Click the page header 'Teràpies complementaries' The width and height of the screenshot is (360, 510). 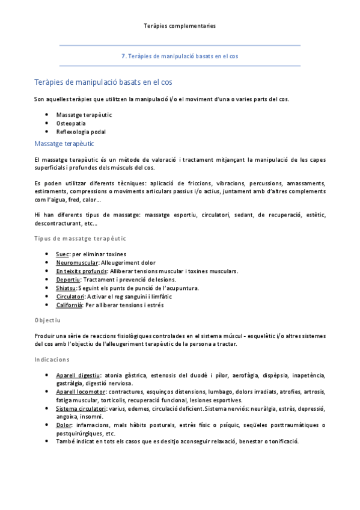pos(180,26)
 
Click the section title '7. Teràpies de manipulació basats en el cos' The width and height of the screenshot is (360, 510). pos(180,56)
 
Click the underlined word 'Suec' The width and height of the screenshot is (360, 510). pos(63,254)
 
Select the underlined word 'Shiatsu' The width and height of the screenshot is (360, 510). pos(66,288)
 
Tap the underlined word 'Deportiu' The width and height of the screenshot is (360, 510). pos(68,280)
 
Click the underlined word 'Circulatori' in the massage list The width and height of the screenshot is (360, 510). pos(70,296)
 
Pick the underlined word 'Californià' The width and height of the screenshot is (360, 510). pos(69,305)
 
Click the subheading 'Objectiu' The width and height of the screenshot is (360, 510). pos(47,321)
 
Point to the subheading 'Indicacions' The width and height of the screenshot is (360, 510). pos(52,359)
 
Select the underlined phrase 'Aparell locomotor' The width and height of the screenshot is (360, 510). pos(81,392)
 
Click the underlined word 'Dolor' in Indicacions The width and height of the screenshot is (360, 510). pos(64,425)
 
